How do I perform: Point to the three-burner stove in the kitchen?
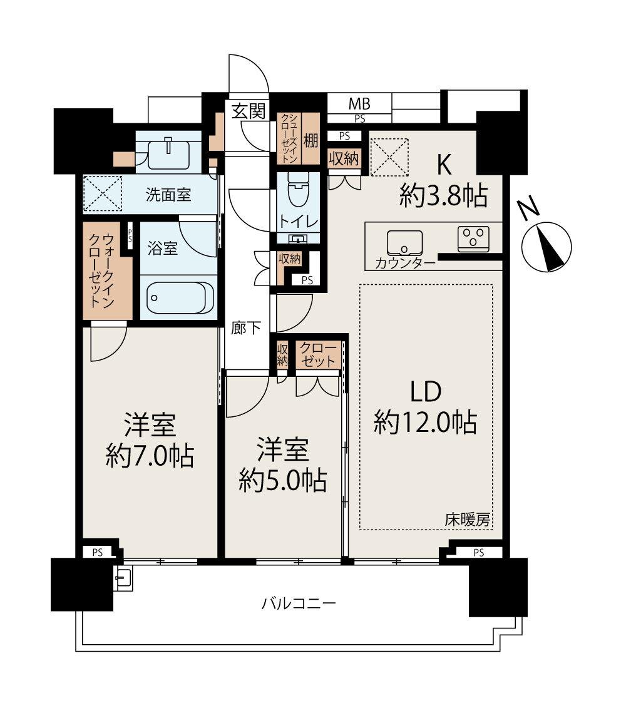tap(474, 238)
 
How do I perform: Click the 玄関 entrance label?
tap(248, 111)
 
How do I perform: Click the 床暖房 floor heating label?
tap(467, 519)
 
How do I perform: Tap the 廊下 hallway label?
tap(246, 328)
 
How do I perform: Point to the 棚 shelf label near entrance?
tap(310, 139)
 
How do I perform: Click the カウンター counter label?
tap(405, 263)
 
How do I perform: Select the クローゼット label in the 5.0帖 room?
tap(319, 354)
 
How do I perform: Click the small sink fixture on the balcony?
tap(123, 579)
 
